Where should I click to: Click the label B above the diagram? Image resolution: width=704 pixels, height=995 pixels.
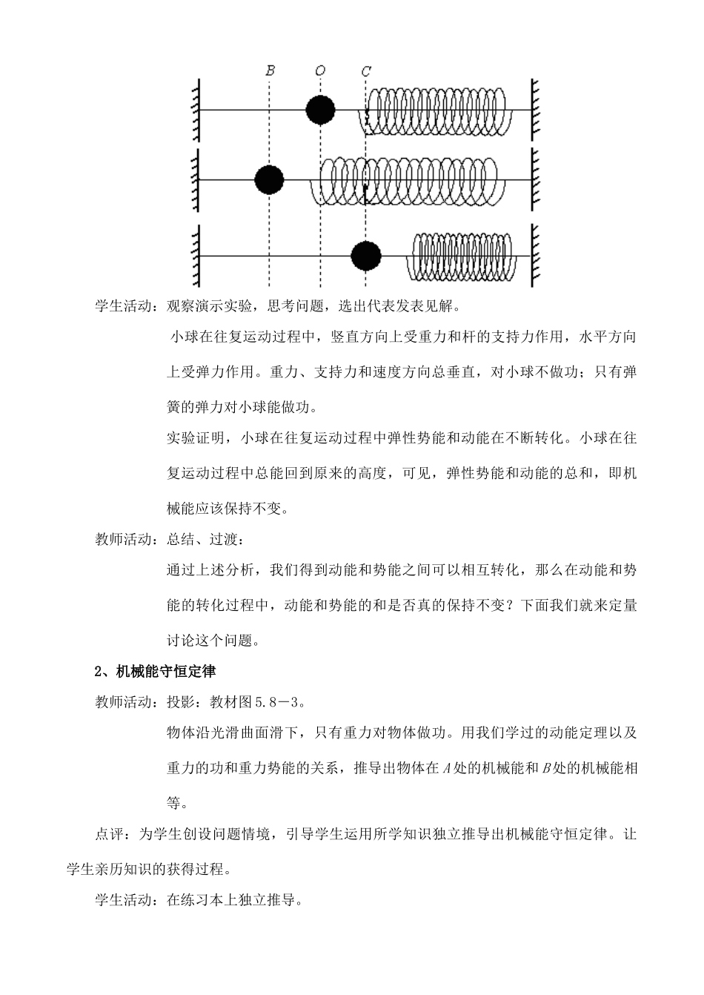pyautogui.click(x=270, y=70)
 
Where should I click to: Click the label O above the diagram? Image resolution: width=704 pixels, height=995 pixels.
pyautogui.click(x=320, y=70)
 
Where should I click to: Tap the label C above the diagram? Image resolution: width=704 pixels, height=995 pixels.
pyautogui.click(x=366, y=71)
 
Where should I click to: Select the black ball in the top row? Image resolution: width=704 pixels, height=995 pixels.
pyautogui.click(x=321, y=110)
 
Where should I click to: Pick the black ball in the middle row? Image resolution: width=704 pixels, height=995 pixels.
pyautogui.click(x=270, y=179)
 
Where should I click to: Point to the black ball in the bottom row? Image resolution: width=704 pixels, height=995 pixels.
pyautogui.click(x=366, y=256)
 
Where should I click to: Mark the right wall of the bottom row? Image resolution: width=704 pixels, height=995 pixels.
pyautogui.click(x=534, y=257)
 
